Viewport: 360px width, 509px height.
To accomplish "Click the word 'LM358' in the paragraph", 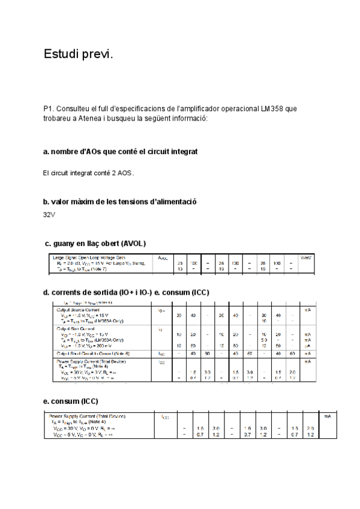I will click(273, 109).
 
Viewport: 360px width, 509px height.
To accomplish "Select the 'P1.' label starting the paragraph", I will click(49, 109).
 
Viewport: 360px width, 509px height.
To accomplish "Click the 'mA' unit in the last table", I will click(328, 415).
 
